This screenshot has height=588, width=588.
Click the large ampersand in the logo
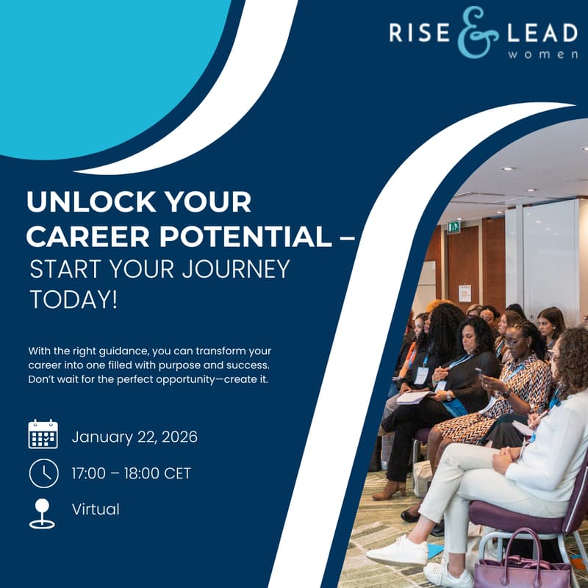[x=478, y=33]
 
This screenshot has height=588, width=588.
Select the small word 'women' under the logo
[x=550, y=55]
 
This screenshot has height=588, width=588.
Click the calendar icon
[x=43, y=434]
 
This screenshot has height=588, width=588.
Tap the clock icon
[x=43, y=473]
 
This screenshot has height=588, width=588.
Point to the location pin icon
[x=42, y=513]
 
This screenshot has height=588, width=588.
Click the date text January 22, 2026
[x=135, y=437]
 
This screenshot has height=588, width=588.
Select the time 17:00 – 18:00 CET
[x=131, y=473]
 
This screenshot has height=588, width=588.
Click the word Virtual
[x=96, y=509]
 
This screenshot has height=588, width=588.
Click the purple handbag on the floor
[x=521, y=567]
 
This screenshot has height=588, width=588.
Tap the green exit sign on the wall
[x=453, y=228]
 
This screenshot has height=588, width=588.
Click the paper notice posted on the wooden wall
[x=465, y=293]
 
